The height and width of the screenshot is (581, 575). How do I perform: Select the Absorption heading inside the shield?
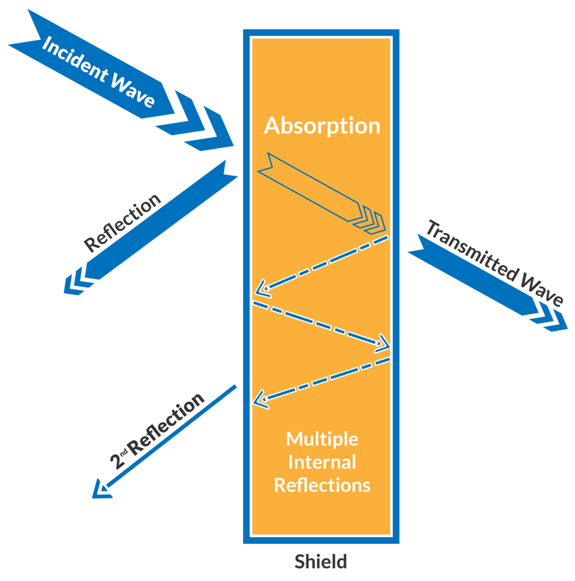click(322, 126)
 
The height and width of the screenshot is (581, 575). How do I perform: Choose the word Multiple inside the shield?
click(322, 439)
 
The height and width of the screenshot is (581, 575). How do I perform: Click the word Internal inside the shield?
click(322, 462)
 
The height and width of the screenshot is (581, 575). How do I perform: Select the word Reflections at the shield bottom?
click(322, 485)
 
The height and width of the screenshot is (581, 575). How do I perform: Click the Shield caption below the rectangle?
click(321, 561)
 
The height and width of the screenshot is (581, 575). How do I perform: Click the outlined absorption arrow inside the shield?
click(317, 189)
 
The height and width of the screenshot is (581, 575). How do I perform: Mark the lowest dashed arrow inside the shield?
click(321, 382)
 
